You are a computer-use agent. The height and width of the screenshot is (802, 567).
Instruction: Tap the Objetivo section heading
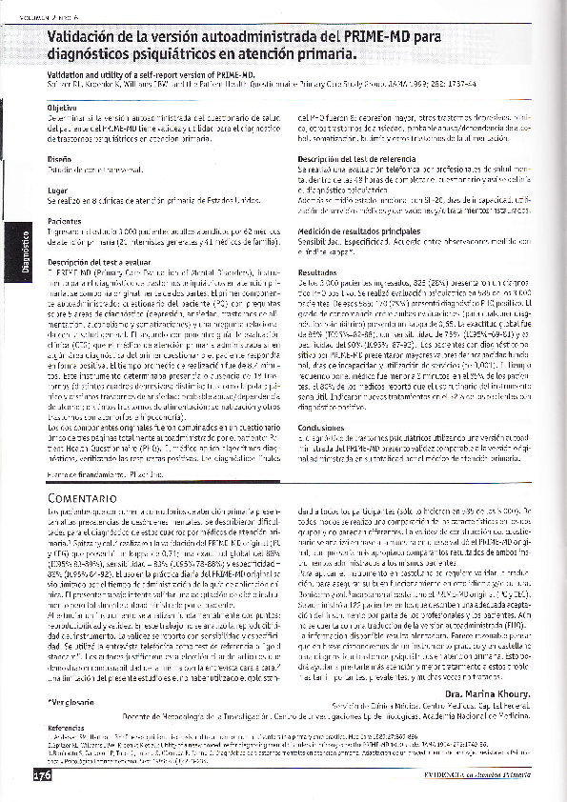(x=64, y=109)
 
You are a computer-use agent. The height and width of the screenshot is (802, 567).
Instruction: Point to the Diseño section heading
(x=60, y=159)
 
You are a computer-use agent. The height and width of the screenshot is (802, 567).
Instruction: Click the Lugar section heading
(x=58, y=190)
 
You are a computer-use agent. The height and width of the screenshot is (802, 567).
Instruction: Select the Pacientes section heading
(x=65, y=222)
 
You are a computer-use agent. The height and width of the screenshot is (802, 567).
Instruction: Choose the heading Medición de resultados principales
(x=360, y=231)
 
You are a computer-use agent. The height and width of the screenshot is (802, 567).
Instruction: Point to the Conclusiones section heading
(x=323, y=428)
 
